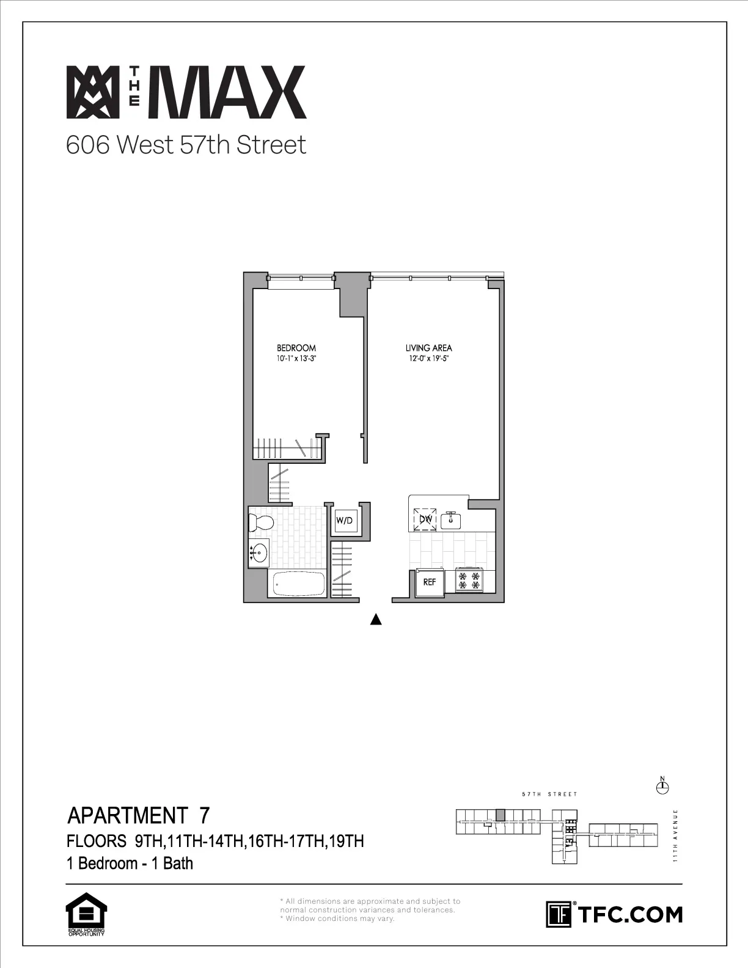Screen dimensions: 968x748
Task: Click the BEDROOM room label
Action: click(296, 348)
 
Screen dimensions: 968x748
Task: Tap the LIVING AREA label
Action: click(429, 348)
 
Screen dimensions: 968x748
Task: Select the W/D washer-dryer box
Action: click(344, 521)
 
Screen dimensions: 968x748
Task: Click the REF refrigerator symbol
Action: click(430, 582)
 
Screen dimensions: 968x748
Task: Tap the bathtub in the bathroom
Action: click(299, 584)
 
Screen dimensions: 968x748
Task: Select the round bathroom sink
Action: click(260, 552)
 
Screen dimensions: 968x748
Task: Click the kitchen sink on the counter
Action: click(453, 519)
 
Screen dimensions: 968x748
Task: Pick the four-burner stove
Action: click(469, 581)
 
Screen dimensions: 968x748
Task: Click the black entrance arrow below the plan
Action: click(376, 620)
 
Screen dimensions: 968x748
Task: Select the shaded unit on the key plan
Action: click(501, 815)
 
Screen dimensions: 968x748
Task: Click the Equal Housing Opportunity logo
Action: click(86, 914)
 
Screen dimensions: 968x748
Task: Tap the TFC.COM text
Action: click(629, 914)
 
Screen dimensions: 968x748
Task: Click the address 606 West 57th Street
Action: click(186, 145)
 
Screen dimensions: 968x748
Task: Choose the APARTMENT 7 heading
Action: click(139, 815)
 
